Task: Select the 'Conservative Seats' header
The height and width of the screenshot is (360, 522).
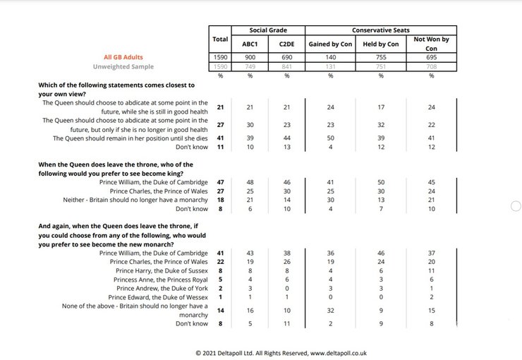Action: tap(380, 30)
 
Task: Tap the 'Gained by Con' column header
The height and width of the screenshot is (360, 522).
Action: tap(330, 44)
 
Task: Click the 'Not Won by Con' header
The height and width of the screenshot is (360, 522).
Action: tap(431, 44)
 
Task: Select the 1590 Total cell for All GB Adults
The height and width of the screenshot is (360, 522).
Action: tap(220, 56)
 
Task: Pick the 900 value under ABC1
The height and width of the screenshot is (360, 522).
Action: tap(250, 56)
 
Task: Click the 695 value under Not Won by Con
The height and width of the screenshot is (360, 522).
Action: tap(431, 56)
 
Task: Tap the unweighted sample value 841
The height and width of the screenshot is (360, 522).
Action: tap(286, 66)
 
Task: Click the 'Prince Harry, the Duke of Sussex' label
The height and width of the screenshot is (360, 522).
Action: tap(162, 270)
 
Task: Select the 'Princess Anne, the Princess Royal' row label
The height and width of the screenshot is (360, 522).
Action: tap(162, 280)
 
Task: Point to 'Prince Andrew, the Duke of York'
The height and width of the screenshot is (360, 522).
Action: tap(162, 288)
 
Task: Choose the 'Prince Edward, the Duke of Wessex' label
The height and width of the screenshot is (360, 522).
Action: tap(161, 297)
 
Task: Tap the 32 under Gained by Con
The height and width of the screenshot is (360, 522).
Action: tap(330, 310)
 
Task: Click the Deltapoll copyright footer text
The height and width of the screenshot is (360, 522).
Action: tap(281, 352)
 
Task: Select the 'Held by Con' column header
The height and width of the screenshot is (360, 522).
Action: tap(380, 44)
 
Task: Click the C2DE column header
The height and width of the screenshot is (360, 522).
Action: tap(286, 44)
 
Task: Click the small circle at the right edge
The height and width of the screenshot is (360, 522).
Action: tap(515, 205)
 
